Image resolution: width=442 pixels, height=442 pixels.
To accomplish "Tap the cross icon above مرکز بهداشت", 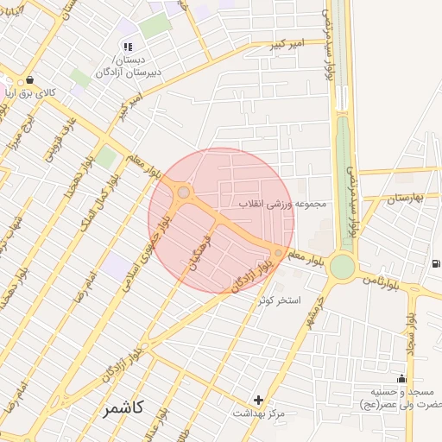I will click(258, 400).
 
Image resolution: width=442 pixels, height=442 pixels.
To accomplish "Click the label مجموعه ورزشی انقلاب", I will click(284, 205).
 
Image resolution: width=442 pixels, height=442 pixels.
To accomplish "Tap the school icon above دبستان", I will click(128, 47).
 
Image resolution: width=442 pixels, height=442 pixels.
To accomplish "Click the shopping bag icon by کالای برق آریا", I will click(31, 79).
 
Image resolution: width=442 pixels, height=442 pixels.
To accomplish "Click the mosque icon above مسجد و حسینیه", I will click(401, 378).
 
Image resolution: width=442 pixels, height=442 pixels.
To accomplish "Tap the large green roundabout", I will click(343, 268).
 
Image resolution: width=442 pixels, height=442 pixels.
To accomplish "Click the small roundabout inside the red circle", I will click(183, 192).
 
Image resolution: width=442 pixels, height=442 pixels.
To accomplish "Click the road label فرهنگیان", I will click(194, 251).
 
